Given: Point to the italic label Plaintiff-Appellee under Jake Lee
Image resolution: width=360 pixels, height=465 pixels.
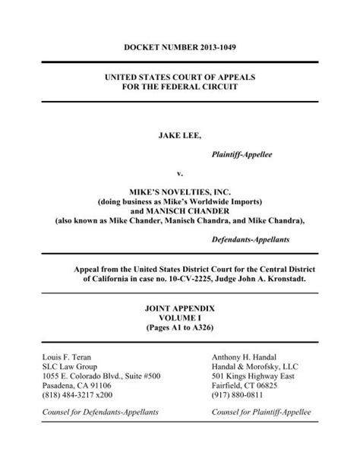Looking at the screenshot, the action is pos(242,154).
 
